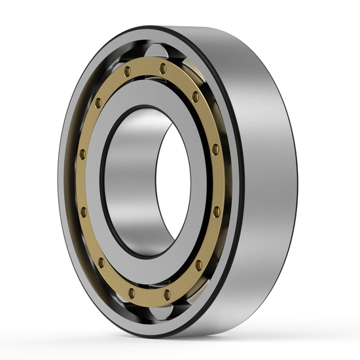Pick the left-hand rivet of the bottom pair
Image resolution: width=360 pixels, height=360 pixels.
(x=131, y=292)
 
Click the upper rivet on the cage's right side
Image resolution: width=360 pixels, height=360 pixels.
(x=215, y=150)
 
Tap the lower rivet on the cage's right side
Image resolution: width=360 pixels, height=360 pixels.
(x=216, y=211)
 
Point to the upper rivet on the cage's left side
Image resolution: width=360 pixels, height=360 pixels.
(x=82, y=154)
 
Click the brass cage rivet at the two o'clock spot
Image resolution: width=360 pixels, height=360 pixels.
(x=195, y=96)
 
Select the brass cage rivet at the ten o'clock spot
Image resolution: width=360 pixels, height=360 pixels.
(x=98, y=103)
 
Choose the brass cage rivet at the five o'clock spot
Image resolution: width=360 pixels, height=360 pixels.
(x=198, y=264)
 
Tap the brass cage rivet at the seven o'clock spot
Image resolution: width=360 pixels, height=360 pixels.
(x=101, y=262)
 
